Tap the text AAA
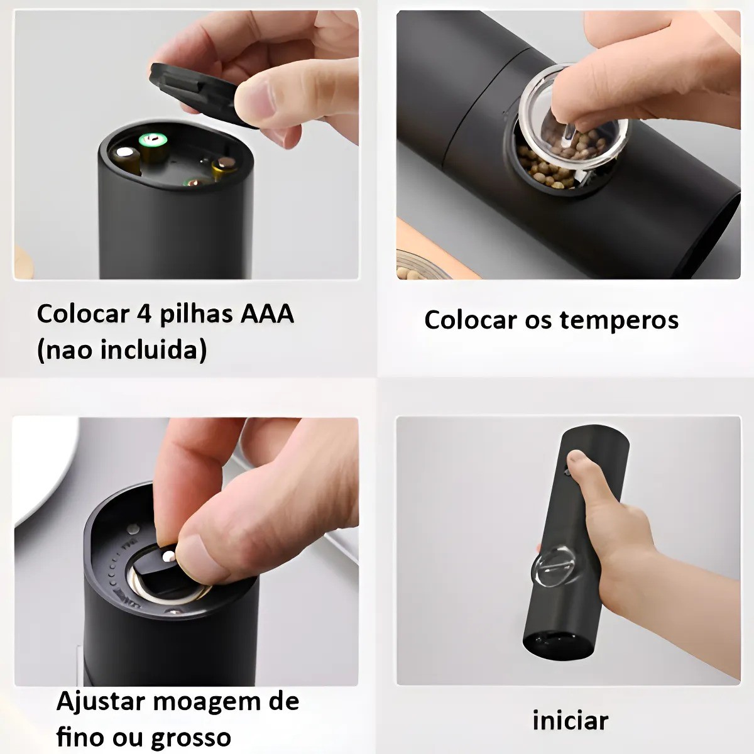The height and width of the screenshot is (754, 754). pos(268,314)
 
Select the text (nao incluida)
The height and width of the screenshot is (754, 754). pos(121,350)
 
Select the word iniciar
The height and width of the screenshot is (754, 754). pos(570,720)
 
